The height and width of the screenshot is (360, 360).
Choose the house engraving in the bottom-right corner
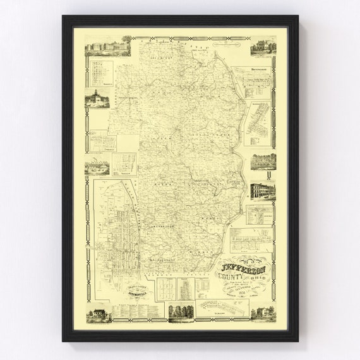[261, 313]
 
